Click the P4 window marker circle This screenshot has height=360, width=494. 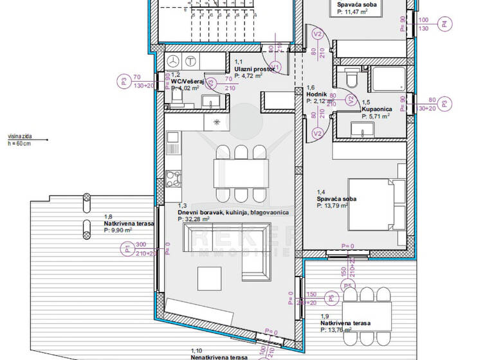click(444, 24)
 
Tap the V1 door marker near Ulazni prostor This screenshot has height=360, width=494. click(275, 66)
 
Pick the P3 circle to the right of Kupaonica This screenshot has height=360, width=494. click(449, 104)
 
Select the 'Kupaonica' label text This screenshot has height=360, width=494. click(375, 110)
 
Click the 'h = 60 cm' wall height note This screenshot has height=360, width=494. click(19, 144)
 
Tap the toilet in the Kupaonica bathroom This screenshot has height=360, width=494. click(351, 80)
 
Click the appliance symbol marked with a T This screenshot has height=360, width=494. click(190, 61)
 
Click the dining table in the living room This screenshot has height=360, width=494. click(241, 172)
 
